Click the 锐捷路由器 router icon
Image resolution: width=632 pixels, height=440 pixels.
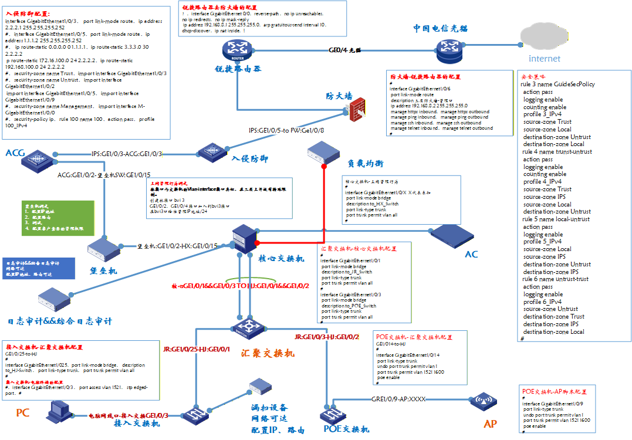click(x=238, y=50)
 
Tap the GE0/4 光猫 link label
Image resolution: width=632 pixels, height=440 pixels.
click(x=345, y=50)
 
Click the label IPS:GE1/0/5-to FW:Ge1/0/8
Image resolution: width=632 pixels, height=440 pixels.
click(x=286, y=130)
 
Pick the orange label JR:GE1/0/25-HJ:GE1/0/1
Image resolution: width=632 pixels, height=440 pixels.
click(x=197, y=350)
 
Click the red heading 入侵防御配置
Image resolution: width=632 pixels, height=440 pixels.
click(x=28, y=13)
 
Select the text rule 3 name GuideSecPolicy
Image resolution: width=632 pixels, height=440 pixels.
click(x=557, y=84)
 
